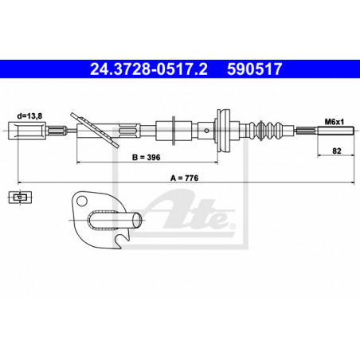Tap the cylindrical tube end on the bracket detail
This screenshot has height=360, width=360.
click(137, 220)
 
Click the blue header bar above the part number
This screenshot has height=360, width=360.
click(180, 60)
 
